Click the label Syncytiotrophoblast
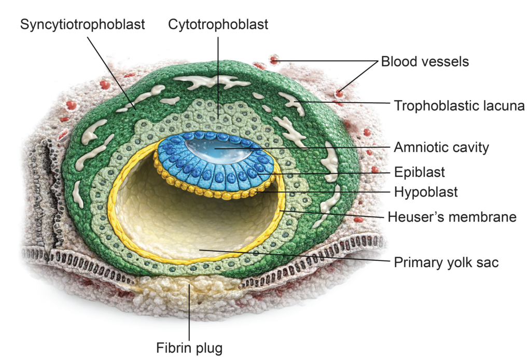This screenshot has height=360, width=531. (82, 24)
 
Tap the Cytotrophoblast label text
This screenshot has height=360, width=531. (218, 24)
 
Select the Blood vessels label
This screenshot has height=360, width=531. (425, 62)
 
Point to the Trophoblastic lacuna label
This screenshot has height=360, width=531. (459, 106)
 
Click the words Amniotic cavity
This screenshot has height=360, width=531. (441, 147)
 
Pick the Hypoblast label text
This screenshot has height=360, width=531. (426, 192)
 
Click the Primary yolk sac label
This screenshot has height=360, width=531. (446, 262)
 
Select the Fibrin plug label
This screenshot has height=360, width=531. (189, 347)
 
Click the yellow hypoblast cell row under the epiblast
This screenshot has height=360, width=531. (223, 193)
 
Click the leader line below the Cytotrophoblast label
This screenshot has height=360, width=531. (218, 73)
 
